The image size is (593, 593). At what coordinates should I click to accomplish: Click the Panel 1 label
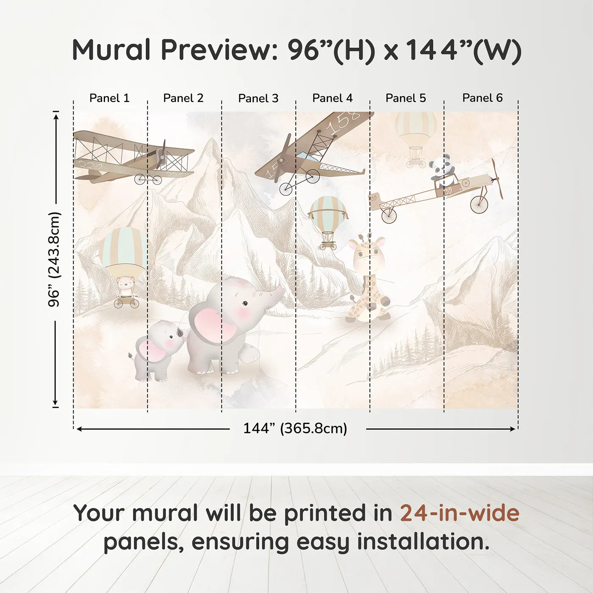pos(109,98)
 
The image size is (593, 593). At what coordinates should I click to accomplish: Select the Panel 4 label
pos(332,98)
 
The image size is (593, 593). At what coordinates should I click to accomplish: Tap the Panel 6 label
pos(482,98)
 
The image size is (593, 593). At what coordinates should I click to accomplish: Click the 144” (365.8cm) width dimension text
pos(295,429)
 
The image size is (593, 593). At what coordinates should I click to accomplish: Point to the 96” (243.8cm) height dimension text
pos(55,259)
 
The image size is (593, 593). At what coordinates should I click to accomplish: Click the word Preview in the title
pos(219,50)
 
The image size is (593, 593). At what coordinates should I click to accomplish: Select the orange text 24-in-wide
pos(460,513)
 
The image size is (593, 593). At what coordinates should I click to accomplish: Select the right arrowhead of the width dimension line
pos(513,429)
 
